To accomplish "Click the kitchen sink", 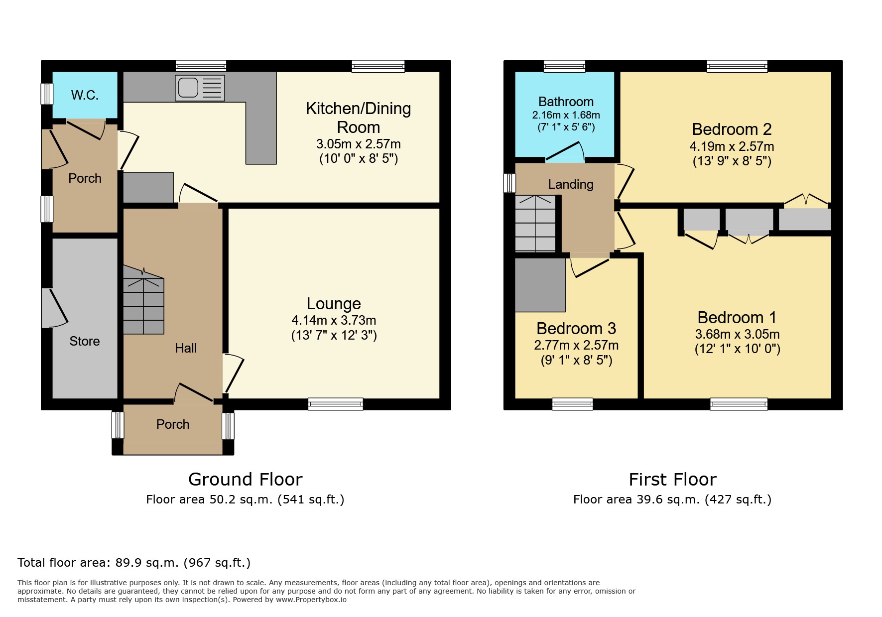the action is [200, 88].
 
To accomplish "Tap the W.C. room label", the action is [85, 95].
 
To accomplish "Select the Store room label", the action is [85, 341].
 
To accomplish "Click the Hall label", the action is [186, 348].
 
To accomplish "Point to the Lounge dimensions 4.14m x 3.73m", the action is [334, 320].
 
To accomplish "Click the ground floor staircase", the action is [143, 300].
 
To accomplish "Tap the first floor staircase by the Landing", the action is [535, 223].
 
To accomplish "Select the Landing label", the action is [571, 184].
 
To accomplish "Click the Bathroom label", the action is [566, 102].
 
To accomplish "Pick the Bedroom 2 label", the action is [732, 129].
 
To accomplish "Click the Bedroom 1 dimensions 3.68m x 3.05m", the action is [738, 334].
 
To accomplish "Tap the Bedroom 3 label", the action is [576, 329].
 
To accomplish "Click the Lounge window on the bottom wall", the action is [336, 404].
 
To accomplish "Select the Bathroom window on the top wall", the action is [564, 66].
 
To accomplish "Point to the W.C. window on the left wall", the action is [47, 94].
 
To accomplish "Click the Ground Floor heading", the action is [246, 480].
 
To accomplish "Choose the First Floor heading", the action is [672, 480].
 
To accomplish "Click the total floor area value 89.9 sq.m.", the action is [147, 563].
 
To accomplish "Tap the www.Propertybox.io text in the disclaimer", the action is [311, 600].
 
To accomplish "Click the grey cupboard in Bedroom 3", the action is [540, 285].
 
